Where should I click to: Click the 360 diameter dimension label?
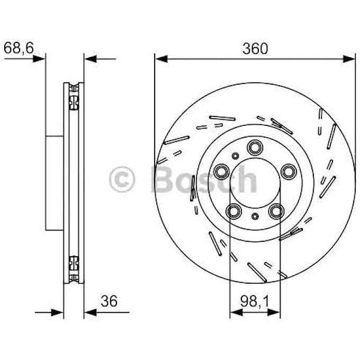(255, 49)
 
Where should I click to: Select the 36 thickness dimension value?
(109, 301)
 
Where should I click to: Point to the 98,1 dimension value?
(255, 301)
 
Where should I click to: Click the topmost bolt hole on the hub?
(255, 147)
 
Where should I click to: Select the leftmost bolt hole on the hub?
(222, 170)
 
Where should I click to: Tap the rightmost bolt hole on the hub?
(288, 170)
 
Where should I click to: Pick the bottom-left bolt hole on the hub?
(233, 211)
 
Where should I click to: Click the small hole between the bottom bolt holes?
(255, 216)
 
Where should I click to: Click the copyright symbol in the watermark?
(122, 180)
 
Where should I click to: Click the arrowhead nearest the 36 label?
(90, 312)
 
